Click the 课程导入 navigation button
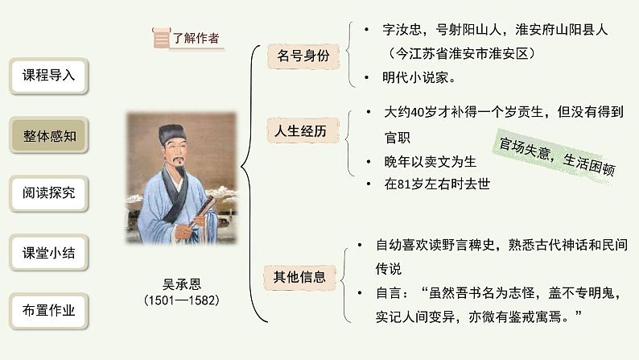click(48, 76)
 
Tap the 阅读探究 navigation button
click(48, 194)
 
